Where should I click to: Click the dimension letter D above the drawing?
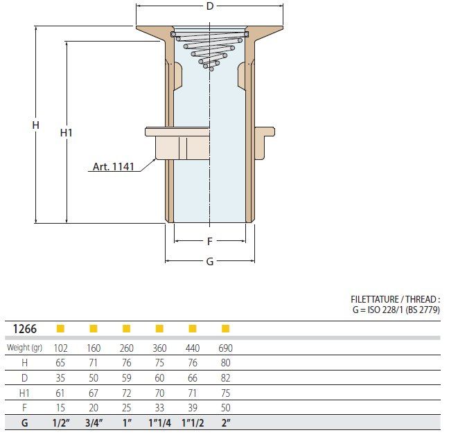210,6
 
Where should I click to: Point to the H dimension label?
35,125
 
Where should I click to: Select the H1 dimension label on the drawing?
66,133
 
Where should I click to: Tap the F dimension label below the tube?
210,242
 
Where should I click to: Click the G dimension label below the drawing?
210,262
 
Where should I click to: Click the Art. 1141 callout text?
114,166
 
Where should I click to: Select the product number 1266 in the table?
25,329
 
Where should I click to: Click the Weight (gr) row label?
25,348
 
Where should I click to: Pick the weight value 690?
226,348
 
